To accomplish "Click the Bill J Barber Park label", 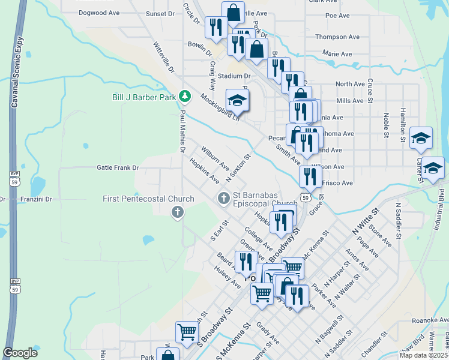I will [143, 97].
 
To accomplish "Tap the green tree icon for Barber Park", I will [185, 96].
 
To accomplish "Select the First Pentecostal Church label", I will [148, 199].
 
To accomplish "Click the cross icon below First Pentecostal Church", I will [177, 212].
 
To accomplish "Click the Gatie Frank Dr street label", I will [118, 168].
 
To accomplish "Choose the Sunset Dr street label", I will [160, 13].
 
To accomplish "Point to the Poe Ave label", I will [337, 16].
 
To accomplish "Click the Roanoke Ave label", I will [430, 320].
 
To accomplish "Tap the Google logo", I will [20, 352].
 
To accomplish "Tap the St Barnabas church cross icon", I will [224, 197].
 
